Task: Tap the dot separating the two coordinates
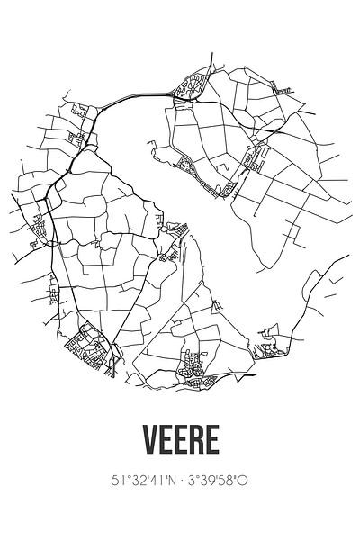(179, 481)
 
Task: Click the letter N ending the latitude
(167, 481)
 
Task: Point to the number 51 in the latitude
(105, 481)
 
